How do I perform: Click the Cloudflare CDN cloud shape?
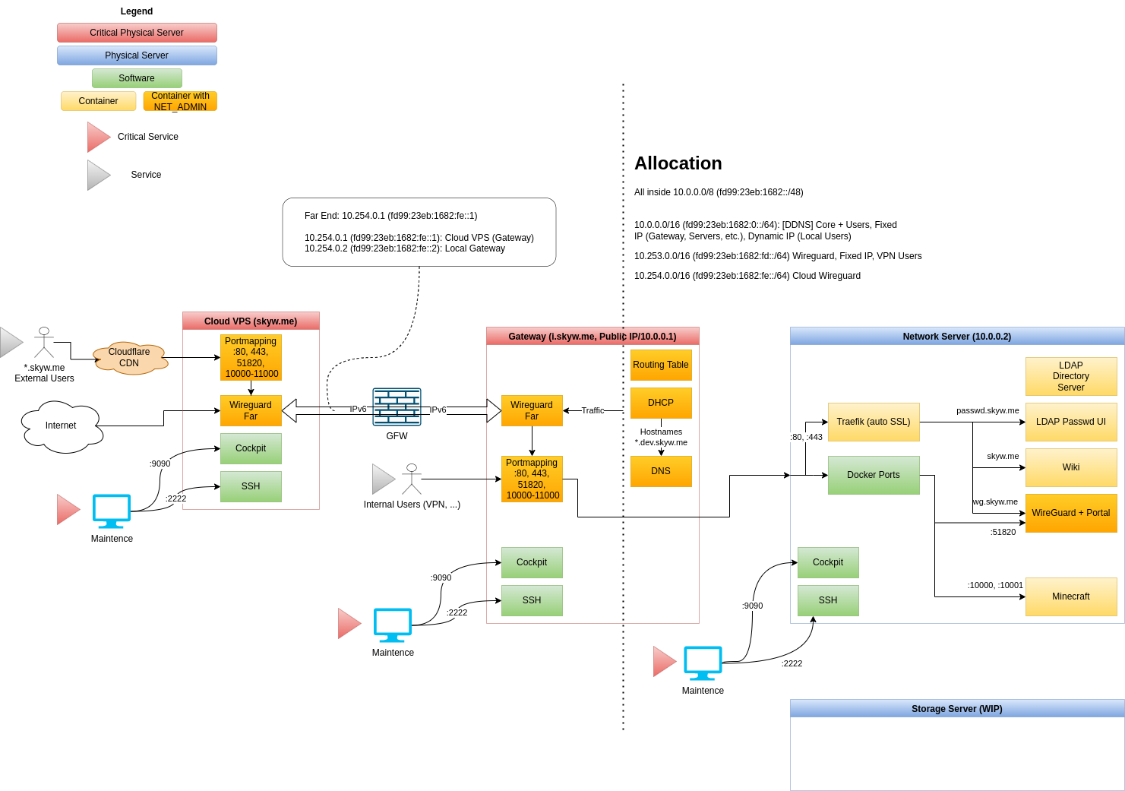pos(130,358)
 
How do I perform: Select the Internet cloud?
pos(62,426)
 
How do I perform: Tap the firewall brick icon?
pos(397,407)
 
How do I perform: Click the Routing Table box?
pos(661,365)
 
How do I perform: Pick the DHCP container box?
pos(661,403)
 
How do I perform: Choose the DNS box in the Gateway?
pos(661,471)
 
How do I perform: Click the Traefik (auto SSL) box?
pos(874,422)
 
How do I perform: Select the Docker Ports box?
pos(874,475)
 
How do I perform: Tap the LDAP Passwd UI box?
pos(1071,422)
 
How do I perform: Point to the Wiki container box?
pos(1071,467)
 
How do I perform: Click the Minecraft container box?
pos(1071,596)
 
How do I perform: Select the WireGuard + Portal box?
pos(1071,513)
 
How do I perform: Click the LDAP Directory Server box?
pos(1071,376)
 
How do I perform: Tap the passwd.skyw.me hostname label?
pos(988,410)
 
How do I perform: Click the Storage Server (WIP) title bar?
pos(957,708)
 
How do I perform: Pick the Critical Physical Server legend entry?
pos(137,33)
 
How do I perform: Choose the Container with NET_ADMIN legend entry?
pos(180,101)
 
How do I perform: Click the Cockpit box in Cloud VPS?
pos(251,448)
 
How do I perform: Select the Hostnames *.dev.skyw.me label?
pos(661,437)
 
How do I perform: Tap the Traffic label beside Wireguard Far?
pos(593,410)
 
